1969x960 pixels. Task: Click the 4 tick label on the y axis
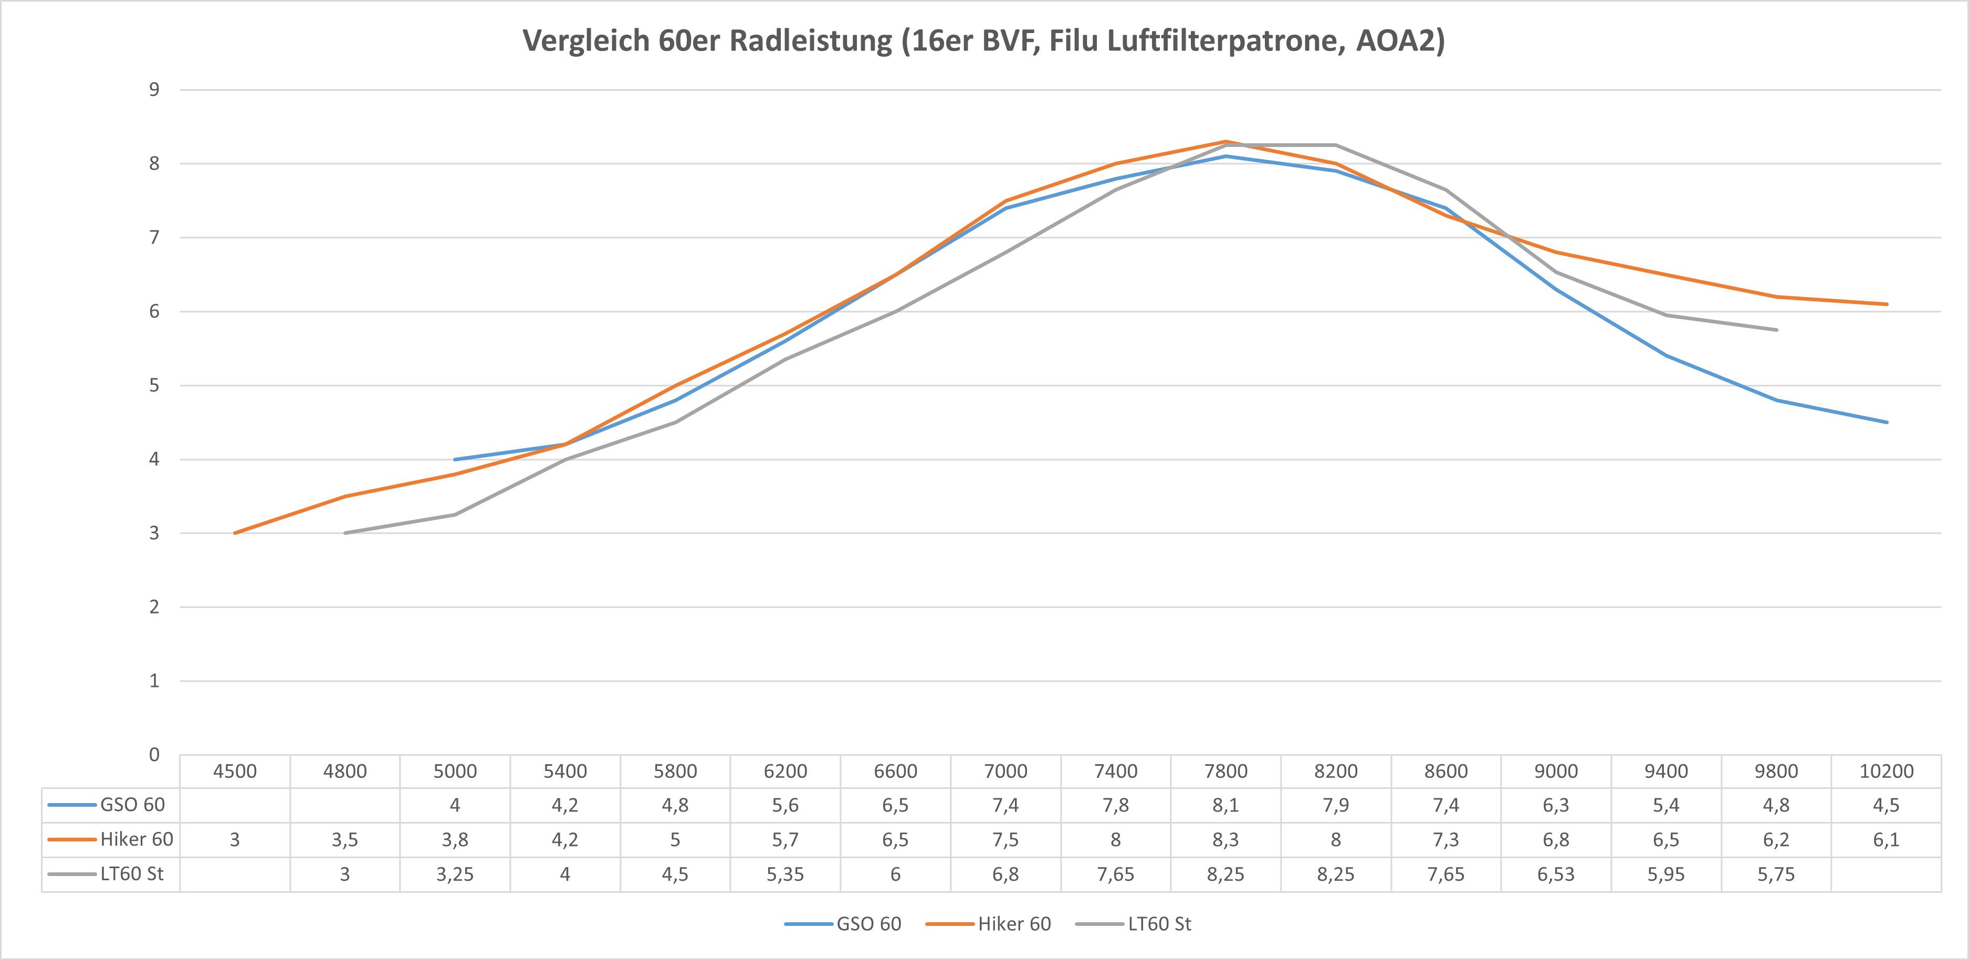[x=154, y=459]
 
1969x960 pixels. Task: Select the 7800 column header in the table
[x=1226, y=771]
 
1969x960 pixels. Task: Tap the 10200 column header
[x=1886, y=771]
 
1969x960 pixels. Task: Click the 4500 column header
[x=235, y=771]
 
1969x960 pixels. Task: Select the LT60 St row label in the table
[x=131, y=873]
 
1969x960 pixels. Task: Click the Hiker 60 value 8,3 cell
[x=1226, y=839]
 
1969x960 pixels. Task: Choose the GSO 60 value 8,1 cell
[x=1226, y=805]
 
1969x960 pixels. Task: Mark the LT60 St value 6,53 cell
[x=1555, y=873]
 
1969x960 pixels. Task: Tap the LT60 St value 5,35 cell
[x=785, y=873]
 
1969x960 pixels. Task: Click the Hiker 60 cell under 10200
[x=1886, y=839]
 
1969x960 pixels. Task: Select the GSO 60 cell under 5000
[x=455, y=805]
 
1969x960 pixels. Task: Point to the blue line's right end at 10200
[x=1886, y=422]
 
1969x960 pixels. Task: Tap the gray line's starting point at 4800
[x=345, y=533]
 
